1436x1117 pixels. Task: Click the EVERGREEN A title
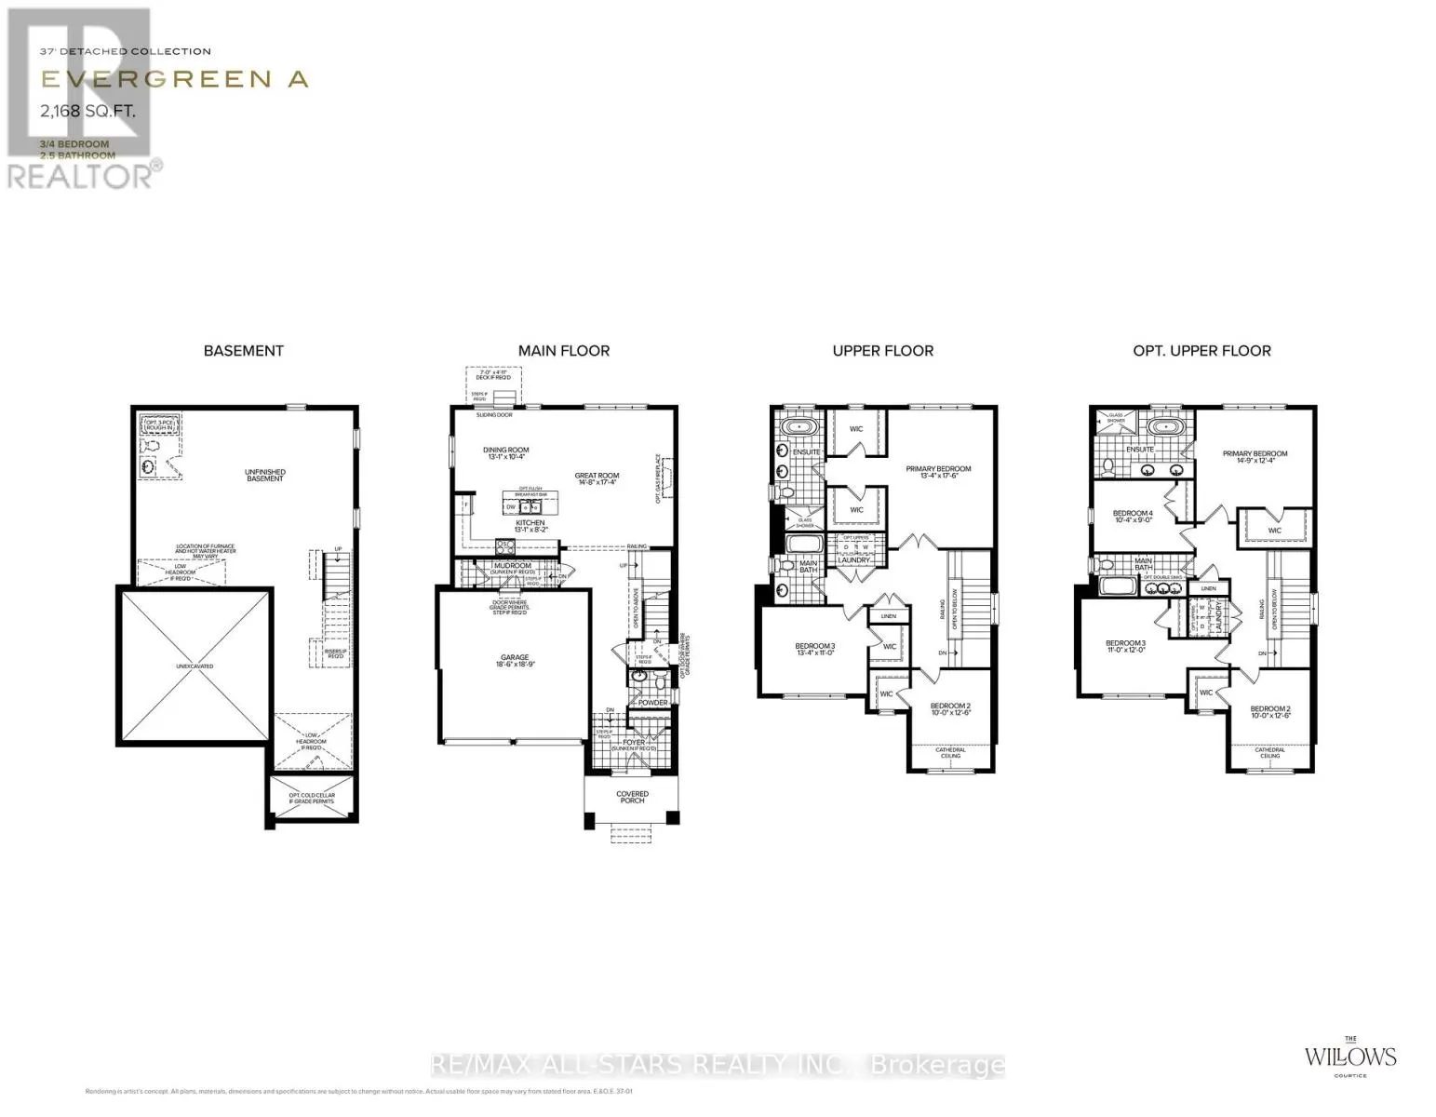pos(174,79)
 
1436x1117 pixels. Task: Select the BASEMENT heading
pos(243,351)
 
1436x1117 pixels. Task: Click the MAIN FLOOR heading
pos(564,351)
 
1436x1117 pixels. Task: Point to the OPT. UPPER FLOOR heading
pos(1201,351)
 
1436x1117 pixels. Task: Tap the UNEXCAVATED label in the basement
pos(194,666)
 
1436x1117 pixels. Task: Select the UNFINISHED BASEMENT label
pos(265,476)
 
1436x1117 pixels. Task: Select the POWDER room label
pos(652,703)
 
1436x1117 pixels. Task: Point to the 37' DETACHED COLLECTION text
pos(126,52)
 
